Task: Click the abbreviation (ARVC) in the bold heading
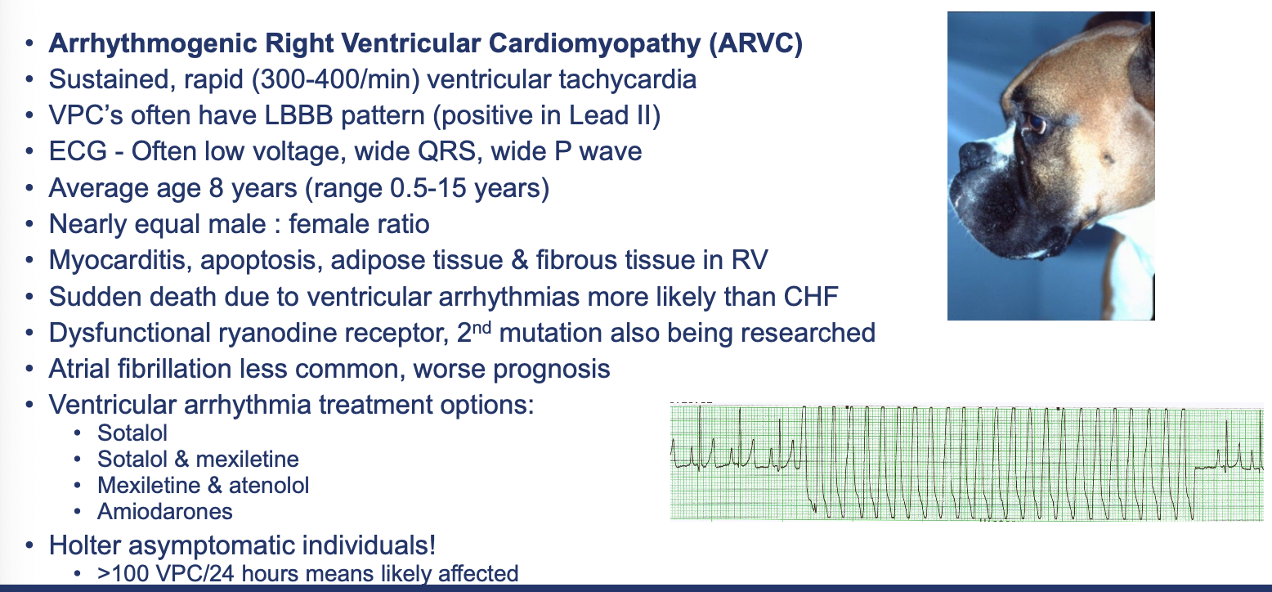756,44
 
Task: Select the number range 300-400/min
336,79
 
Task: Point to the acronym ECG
78,152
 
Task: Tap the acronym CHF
811,297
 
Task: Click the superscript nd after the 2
481,327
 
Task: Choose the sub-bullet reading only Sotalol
132,433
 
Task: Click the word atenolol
269,486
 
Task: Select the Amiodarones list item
164,512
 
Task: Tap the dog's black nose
975,155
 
